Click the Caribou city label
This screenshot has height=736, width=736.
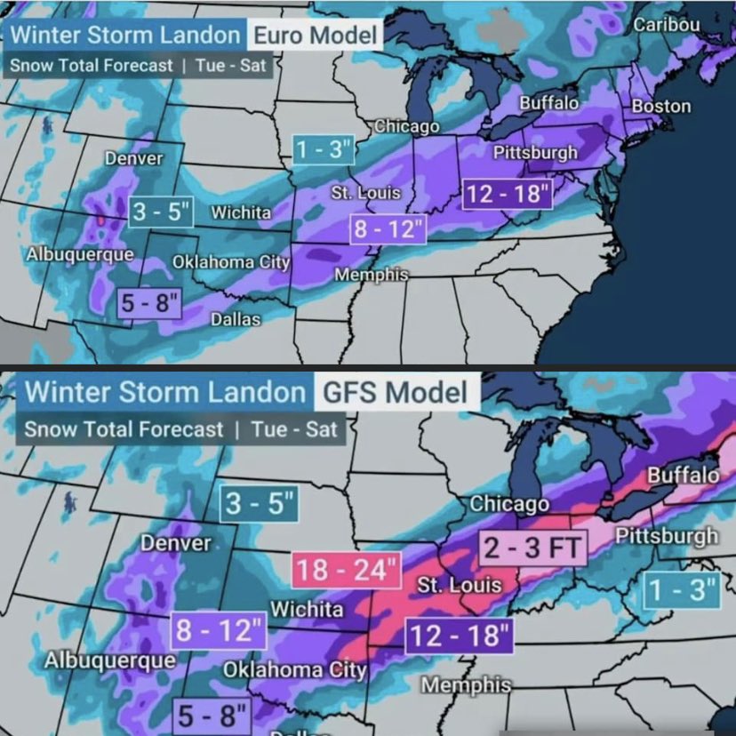(667, 24)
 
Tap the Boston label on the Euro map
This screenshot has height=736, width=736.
(660, 106)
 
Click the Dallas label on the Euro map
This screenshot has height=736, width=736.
(236, 319)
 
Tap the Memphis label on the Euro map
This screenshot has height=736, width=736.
(371, 275)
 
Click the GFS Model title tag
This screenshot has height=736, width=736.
(396, 392)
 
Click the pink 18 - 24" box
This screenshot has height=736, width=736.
(348, 569)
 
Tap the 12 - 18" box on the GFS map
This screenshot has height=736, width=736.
(459, 636)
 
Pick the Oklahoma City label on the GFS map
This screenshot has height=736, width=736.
(294, 668)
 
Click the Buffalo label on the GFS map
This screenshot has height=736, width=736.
(682, 475)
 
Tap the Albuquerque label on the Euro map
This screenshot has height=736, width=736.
(80, 253)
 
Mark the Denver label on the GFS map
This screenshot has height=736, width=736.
(176, 542)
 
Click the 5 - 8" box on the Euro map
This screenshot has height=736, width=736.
(150, 303)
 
